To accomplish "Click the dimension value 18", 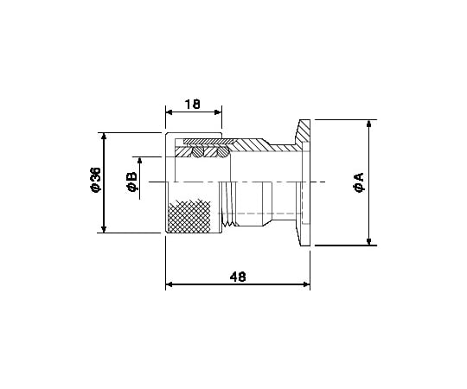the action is tap(193, 105).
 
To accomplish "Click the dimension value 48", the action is tap(238, 277).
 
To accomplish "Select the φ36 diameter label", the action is tap(96, 180).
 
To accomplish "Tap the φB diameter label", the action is tap(131, 182).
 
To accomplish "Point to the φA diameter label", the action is tap(359, 182).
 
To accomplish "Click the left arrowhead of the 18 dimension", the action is tap(170, 112).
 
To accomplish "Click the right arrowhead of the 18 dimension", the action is tap(218, 112).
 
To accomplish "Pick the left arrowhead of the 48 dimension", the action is tap(170, 284).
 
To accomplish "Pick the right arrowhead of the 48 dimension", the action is tap(306, 284).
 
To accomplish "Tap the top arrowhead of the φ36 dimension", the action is tap(104, 136).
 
